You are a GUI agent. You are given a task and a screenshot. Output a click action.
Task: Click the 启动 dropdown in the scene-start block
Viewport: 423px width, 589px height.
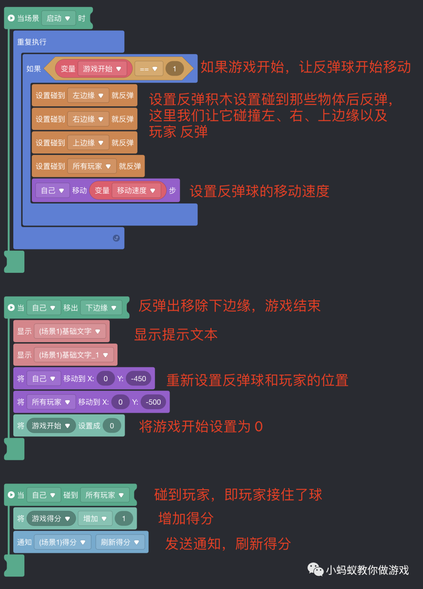[58, 18]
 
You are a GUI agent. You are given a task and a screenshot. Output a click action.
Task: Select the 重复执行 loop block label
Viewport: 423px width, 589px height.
[32, 42]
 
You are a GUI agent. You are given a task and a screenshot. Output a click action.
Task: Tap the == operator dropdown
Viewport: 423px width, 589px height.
[148, 69]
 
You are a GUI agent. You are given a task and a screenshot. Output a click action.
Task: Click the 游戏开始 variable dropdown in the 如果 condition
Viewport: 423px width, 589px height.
[102, 69]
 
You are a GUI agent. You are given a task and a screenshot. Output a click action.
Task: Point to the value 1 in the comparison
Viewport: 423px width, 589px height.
[174, 69]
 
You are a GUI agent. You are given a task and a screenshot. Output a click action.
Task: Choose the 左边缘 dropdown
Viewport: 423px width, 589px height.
[88, 95]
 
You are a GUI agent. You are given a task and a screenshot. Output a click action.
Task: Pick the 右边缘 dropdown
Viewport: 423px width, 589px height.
[88, 119]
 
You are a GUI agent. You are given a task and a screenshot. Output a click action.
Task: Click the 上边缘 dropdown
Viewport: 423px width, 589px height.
[88, 143]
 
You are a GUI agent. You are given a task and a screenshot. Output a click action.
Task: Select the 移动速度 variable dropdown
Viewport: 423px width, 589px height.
[136, 191]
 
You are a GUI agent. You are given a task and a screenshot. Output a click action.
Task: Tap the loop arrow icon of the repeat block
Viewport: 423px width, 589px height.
[116, 238]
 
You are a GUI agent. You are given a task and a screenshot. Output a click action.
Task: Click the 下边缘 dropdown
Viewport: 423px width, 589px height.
[101, 308]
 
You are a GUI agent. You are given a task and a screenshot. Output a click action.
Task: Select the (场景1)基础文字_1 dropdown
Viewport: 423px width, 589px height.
[74, 355]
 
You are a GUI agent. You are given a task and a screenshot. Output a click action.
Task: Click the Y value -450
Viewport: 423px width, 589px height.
[138, 378]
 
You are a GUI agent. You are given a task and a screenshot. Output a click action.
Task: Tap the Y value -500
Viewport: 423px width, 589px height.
[153, 402]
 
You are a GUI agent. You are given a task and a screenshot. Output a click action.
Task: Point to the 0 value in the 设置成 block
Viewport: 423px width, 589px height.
[112, 426]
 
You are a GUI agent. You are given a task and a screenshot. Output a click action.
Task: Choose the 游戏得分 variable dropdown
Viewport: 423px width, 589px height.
[51, 519]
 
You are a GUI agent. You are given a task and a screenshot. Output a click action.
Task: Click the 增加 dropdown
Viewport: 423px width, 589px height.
[95, 519]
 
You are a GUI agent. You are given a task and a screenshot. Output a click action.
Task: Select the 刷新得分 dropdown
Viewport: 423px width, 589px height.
[120, 542]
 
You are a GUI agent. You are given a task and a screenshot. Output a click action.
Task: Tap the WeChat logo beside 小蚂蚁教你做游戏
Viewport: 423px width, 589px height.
[315, 569]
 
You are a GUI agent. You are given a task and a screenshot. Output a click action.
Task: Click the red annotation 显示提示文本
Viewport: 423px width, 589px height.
[176, 335]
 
